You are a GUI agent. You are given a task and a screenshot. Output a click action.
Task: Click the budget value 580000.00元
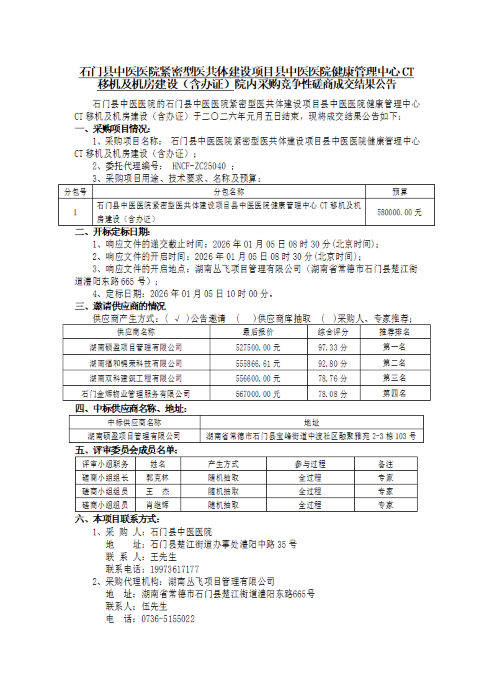click(x=399, y=212)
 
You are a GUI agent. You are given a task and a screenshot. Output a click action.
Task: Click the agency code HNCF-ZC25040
click(x=199, y=166)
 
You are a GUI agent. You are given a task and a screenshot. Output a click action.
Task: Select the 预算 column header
click(x=400, y=192)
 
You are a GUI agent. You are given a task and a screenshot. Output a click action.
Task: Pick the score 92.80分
click(x=333, y=363)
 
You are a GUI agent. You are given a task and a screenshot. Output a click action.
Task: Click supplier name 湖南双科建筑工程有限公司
click(x=136, y=378)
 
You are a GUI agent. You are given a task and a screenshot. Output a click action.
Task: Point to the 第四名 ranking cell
click(x=394, y=394)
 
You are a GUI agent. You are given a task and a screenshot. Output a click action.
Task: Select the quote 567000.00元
click(x=258, y=394)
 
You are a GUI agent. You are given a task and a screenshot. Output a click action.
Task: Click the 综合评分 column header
click(x=333, y=332)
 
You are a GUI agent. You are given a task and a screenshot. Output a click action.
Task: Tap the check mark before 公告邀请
click(x=177, y=319)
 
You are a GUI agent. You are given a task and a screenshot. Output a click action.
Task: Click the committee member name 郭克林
click(x=158, y=478)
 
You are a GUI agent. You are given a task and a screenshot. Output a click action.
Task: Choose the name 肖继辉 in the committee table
click(x=158, y=505)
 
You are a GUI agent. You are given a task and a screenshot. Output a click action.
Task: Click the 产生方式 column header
click(x=223, y=464)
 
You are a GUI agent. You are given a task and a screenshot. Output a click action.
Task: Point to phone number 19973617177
click(x=175, y=569)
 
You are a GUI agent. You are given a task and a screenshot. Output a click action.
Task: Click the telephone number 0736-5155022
click(x=168, y=619)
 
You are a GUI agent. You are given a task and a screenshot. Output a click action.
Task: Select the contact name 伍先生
click(x=154, y=606)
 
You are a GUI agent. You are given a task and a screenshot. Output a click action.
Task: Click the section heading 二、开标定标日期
click(x=113, y=232)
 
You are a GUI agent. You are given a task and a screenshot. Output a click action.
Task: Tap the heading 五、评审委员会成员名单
click(x=126, y=450)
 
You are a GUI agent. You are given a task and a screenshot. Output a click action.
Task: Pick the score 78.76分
click(x=333, y=378)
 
